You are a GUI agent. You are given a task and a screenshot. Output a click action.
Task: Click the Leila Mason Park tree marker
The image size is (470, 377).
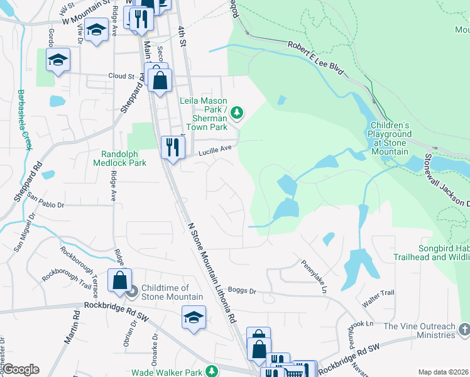(237, 113)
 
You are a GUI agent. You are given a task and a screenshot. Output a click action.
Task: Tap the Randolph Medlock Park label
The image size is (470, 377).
(124, 158)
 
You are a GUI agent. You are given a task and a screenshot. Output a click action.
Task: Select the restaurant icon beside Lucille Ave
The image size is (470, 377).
(171, 148)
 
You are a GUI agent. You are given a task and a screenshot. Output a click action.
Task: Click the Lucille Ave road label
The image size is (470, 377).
(216, 149)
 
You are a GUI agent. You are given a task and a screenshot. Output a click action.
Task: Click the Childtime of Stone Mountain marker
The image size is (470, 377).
(132, 292)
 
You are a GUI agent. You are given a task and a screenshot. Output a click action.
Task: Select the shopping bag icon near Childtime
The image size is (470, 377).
(119, 281)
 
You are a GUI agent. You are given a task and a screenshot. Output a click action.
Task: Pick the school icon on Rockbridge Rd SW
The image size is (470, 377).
(194, 317)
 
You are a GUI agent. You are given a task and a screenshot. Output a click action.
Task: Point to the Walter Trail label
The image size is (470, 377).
(381, 293)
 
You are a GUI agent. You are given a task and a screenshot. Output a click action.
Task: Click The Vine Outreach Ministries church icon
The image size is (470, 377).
(463, 330)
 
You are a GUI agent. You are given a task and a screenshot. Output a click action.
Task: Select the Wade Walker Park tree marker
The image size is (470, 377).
(212, 372)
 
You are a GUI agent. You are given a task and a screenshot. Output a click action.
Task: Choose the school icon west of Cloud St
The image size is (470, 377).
(58, 60)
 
